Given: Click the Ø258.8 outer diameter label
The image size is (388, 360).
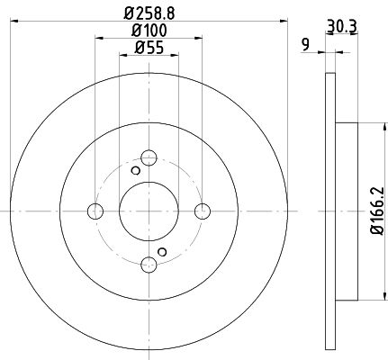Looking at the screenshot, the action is (x=149, y=13).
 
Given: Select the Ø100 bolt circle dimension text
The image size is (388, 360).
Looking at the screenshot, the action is (x=149, y=31).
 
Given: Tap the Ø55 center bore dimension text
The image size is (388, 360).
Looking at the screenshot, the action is (x=149, y=48).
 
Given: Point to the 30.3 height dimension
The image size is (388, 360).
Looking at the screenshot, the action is (x=342, y=26).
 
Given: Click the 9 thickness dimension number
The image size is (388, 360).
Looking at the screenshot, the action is (x=305, y=45).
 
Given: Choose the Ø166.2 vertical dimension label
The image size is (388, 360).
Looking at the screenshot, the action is (x=377, y=211).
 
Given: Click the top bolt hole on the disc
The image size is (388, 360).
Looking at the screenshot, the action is (x=149, y=157).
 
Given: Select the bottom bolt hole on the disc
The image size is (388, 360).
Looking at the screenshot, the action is (x=149, y=265).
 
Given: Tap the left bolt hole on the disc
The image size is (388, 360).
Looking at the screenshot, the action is (x=95, y=211).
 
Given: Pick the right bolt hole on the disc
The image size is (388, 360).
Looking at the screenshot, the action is (x=203, y=211).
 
